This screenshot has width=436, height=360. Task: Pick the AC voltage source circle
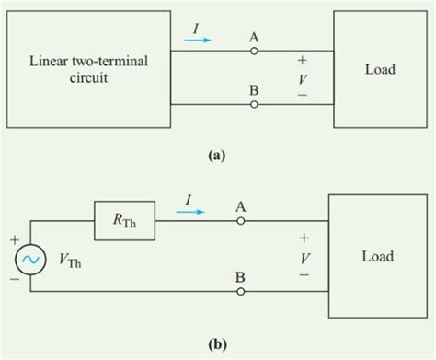point(29,261)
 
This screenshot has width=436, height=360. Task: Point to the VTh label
point(69,261)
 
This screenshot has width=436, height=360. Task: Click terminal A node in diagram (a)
point(254,51)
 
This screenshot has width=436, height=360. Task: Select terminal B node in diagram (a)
point(254,105)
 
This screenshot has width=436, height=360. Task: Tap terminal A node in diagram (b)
point(241,221)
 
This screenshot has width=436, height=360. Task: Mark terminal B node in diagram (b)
point(241,292)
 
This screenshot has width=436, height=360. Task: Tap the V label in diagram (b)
point(304,258)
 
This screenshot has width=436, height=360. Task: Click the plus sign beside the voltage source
point(12,238)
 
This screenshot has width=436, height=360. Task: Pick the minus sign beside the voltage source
point(12,281)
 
